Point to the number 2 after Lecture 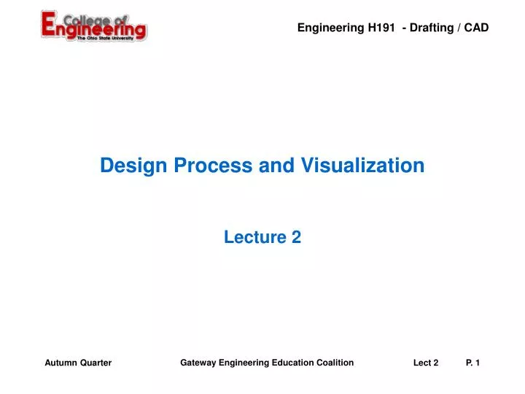296,236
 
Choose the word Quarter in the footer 95,363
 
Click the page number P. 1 472,363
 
